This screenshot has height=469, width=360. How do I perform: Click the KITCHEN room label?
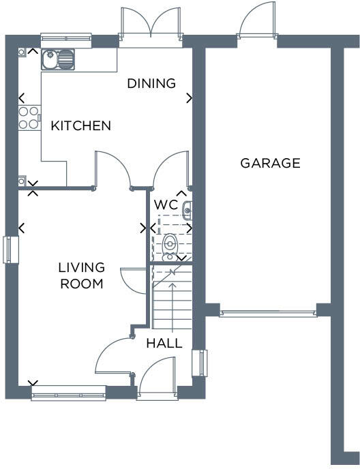[81, 126]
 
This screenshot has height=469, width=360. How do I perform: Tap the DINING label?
[151, 84]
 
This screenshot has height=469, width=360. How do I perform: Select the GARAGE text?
[270, 163]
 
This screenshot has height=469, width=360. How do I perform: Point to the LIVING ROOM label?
[81, 275]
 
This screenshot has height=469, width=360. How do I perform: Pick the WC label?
[166, 205]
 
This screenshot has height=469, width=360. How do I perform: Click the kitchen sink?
[59, 60]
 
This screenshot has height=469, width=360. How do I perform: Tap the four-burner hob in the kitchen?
[29, 118]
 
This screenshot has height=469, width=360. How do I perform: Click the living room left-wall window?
[9, 249]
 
